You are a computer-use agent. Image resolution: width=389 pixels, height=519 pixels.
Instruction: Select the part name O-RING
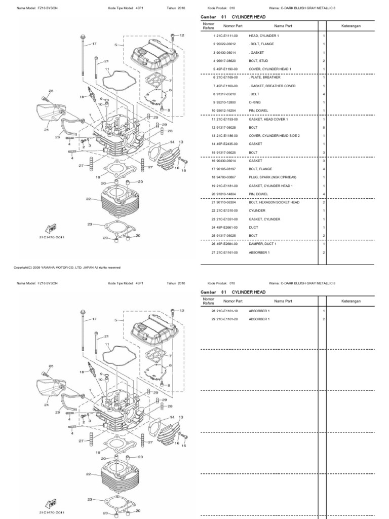point(255,102)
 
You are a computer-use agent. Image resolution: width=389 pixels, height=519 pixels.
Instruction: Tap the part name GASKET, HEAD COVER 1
point(266,119)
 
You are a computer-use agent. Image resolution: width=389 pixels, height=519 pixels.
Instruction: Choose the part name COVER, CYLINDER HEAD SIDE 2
point(274,135)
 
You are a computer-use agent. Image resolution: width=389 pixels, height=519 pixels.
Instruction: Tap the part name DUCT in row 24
point(253,227)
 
